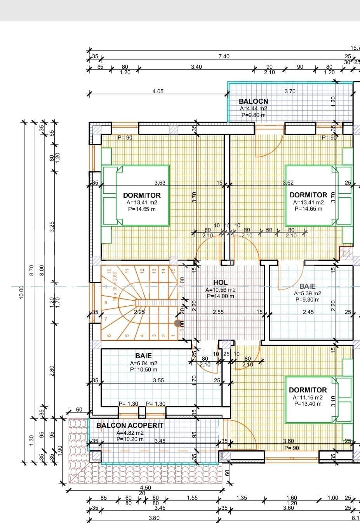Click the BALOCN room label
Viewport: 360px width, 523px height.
coord(253,101)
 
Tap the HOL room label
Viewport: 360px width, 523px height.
coord(220,282)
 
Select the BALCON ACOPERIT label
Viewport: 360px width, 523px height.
coord(130,425)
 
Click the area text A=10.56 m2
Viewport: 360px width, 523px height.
coord(220,289)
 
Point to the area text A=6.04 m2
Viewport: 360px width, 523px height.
coord(143,363)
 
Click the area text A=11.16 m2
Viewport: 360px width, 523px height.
coord(308,397)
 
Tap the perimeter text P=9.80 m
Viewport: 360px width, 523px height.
coord(253,115)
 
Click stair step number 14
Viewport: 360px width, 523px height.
coord(163,270)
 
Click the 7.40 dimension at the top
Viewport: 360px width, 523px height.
coord(224,56)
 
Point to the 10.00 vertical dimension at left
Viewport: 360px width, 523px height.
coord(22,292)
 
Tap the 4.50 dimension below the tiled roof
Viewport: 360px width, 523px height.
coord(145,488)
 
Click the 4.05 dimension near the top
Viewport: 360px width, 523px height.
coord(158,91)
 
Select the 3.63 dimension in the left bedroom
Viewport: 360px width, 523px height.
coord(160,183)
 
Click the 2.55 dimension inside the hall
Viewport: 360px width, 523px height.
coord(218,312)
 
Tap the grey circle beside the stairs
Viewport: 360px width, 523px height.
coord(177,323)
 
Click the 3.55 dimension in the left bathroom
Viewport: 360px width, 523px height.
coord(158,380)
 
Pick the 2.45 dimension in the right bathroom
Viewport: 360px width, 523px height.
coord(308,312)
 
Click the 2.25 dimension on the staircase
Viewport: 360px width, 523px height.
coord(139,312)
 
